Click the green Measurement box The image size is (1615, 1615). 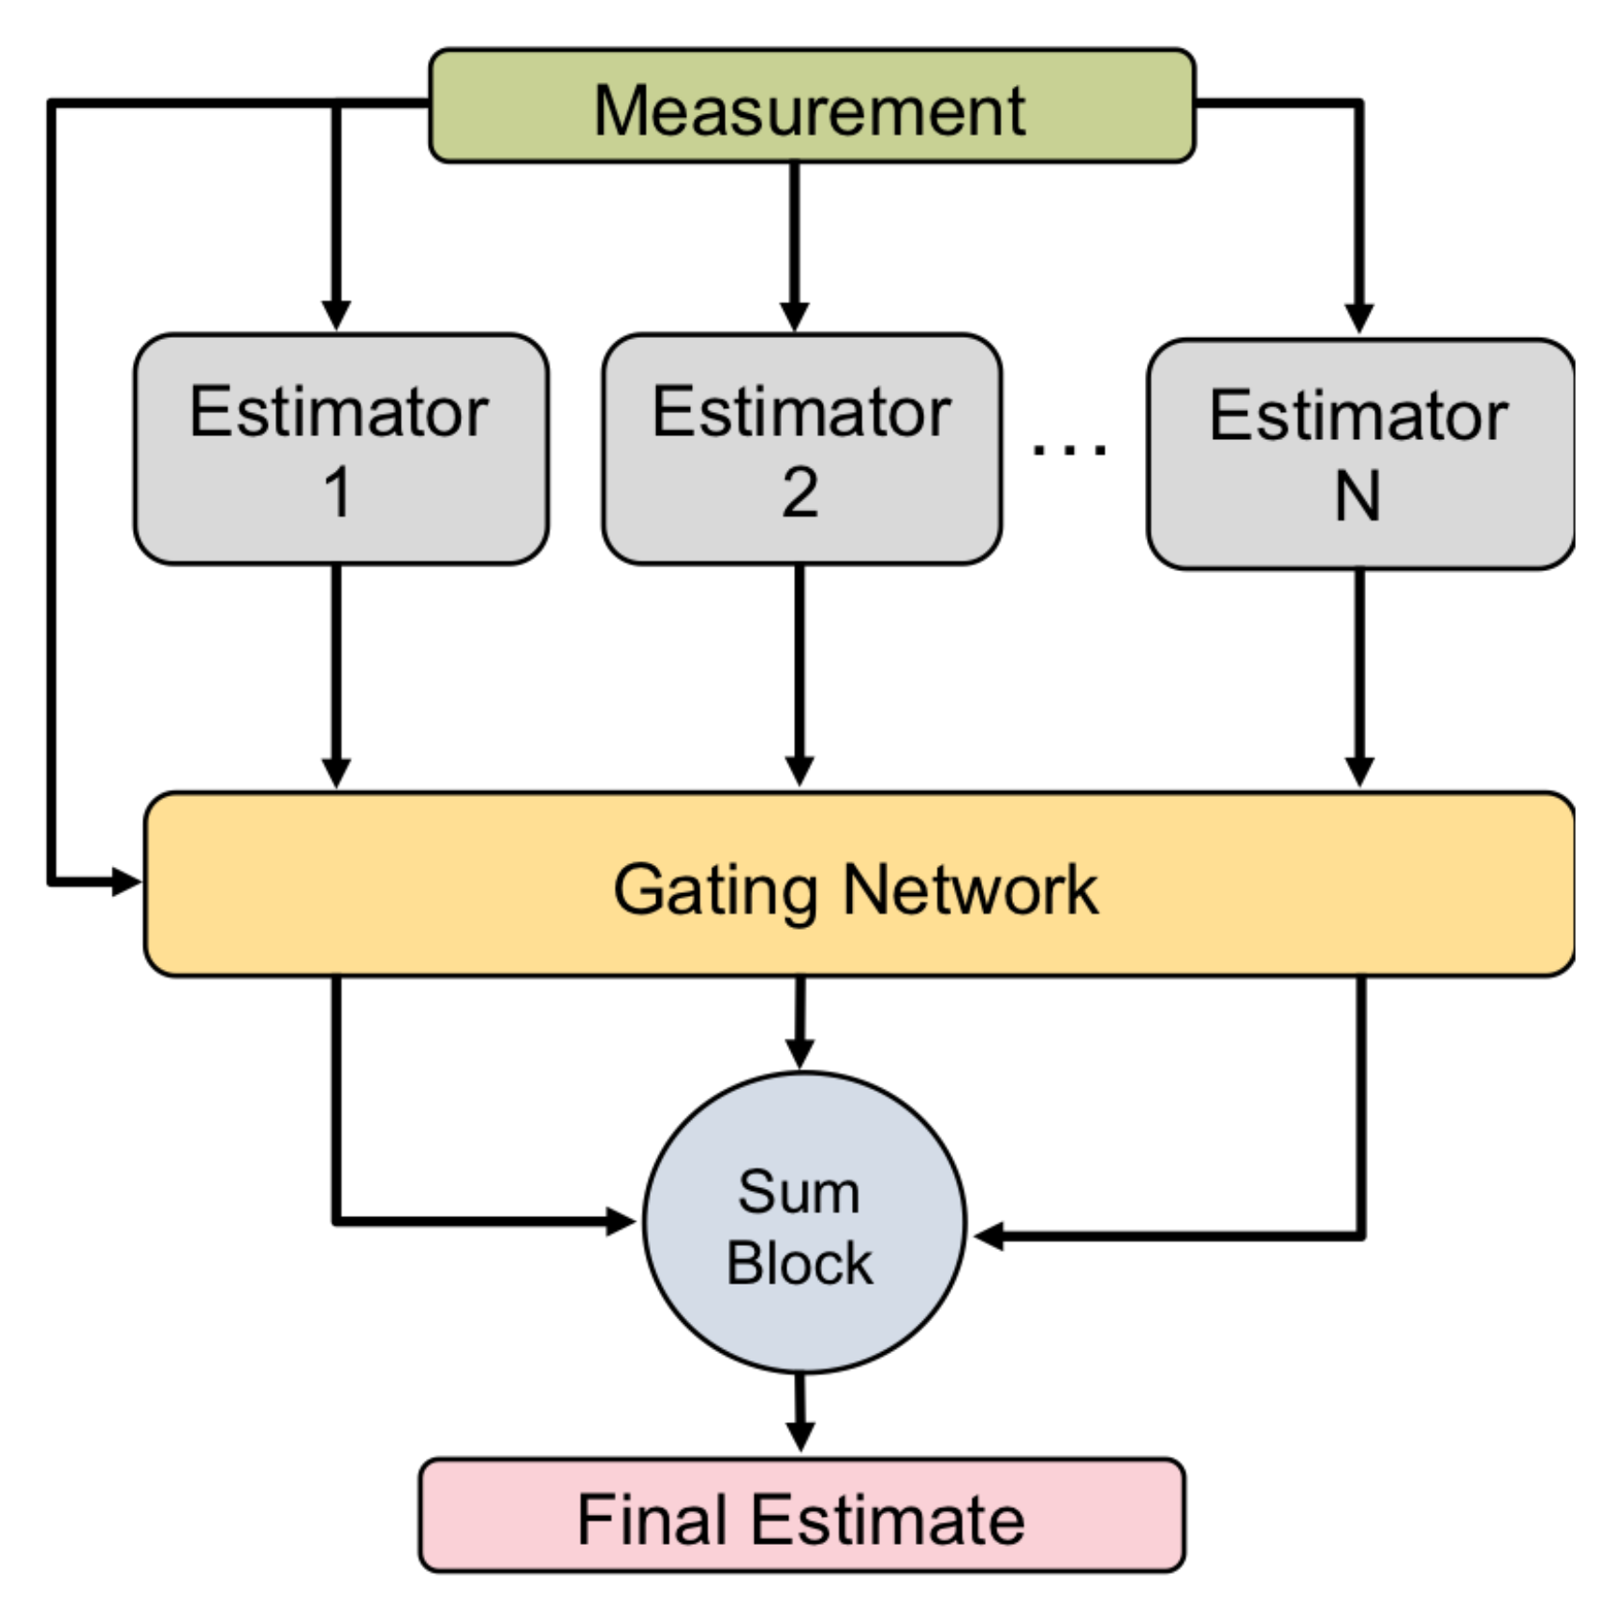coord(811,107)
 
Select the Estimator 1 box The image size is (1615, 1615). coord(340,449)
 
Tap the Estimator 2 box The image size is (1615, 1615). coord(801,449)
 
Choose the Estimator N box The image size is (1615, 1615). coord(1359,454)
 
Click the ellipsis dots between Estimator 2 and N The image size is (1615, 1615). coord(1069,450)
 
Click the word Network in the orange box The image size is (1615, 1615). coord(970,890)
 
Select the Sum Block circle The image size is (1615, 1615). coord(803,1222)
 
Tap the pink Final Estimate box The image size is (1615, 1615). coord(801,1516)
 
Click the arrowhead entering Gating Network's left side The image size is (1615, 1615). coord(126,881)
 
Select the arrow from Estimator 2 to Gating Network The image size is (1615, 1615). coord(799,674)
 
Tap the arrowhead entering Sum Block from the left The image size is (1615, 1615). coord(621,1221)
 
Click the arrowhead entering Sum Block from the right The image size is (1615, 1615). coord(989,1236)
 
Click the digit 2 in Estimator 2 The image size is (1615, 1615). coord(800,492)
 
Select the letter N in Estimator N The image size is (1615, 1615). coord(1358,496)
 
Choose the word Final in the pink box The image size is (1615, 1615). coord(652,1519)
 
